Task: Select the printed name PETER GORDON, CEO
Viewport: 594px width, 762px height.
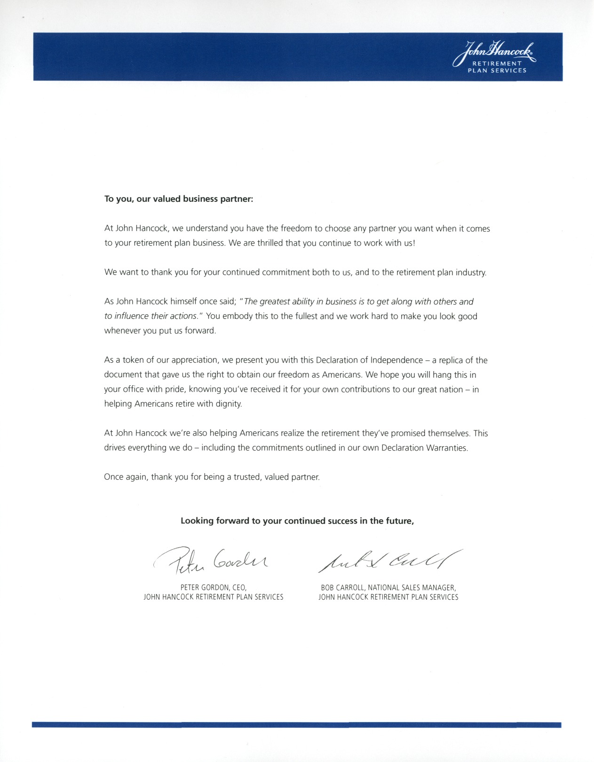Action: pos(214,587)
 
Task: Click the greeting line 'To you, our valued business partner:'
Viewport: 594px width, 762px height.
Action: pos(179,199)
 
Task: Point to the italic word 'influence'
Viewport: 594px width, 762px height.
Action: pos(131,316)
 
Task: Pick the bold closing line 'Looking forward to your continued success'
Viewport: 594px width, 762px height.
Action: pos(297,521)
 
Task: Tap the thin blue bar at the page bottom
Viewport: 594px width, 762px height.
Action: pos(297,725)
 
